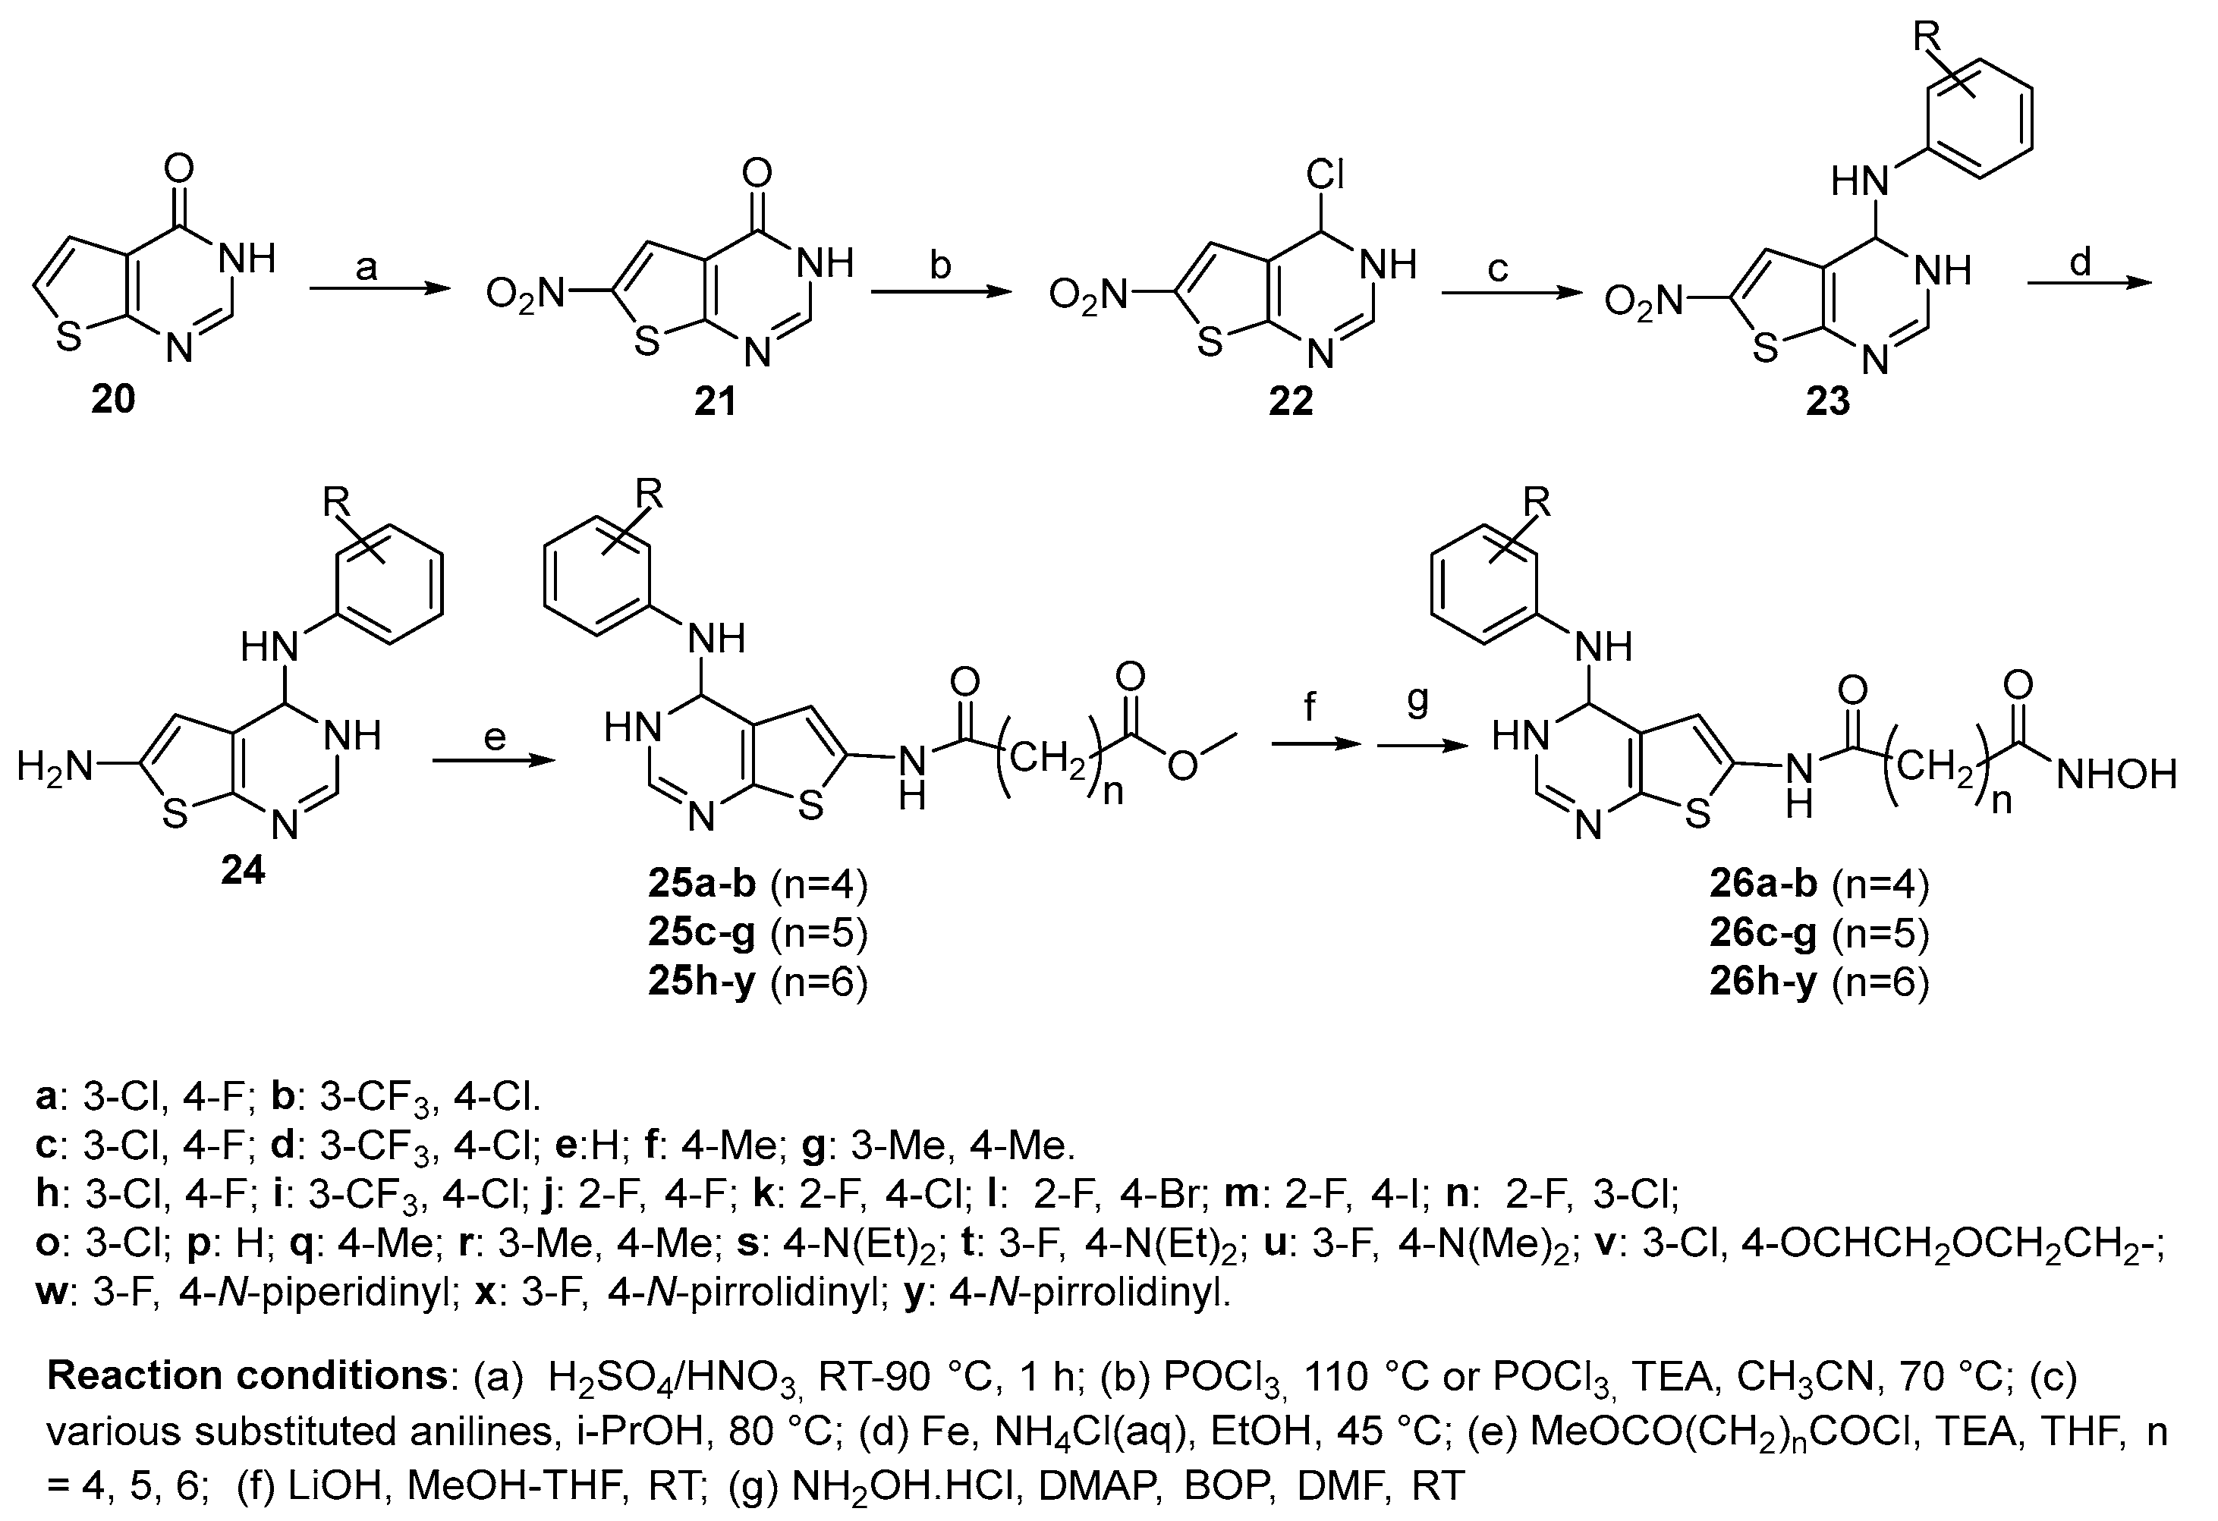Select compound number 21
pyautogui.click(x=715, y=401)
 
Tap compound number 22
pyautogui.click(x=1290, y=401)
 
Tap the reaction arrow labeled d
pyautogui.click(x=2088, y=282)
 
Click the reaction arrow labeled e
pyautogui.click(x=492, y=760)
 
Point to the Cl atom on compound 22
pyautogui.click(x=1325, y=175)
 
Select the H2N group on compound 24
pyautogui.click(x=55, y=766)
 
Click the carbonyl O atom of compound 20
pyautogui.click(x=178, y=169)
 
